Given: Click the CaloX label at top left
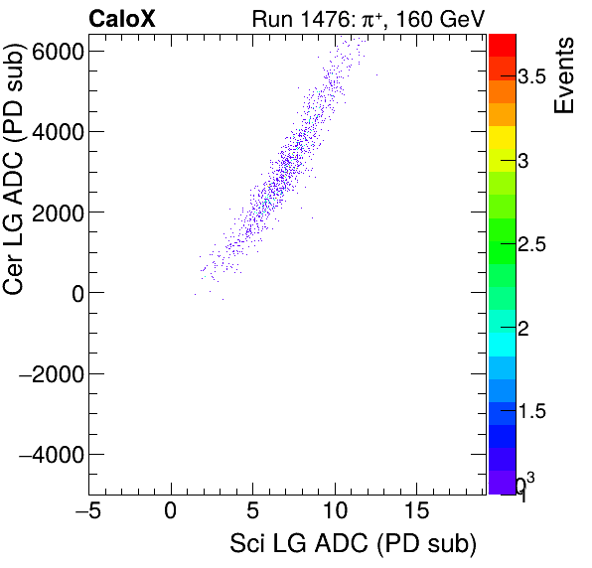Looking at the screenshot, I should (121, 18).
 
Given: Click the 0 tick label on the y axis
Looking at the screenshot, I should (74, 293).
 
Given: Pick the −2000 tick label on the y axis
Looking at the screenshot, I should (51, 373).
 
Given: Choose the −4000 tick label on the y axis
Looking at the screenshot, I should (51, 454).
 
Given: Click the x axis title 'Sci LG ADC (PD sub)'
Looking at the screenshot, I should (353, 545).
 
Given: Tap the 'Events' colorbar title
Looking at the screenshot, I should (564, 75).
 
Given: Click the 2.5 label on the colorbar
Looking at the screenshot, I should (545, 244).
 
